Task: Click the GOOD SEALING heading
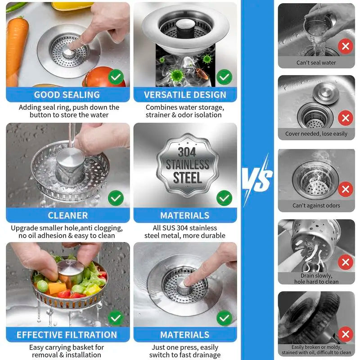pyautogui.click(x=67, y=95)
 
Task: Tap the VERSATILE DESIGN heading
pyautogui.click(x=185, y=95)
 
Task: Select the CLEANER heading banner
pyautogui.click(x=68, y=215)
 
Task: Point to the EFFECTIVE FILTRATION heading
pyautogui.click(x=67, y=335)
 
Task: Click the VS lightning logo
pyautogui.click(x=257, y=179)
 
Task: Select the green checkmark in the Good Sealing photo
pyautogui.click(x=116, y=77)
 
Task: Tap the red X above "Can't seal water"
pyautogui.click(x=345, y=46)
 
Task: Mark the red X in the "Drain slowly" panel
pyautogui.click(x=345, y=262)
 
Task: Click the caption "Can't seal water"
pyautogui.click(x=316, y=63)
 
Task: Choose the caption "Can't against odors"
pyautogui.click(x=316, y=206)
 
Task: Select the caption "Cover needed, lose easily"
pyautogui.click(x=316, y=134)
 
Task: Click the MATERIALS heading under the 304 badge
pyautogui.click(x=185, y=215)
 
